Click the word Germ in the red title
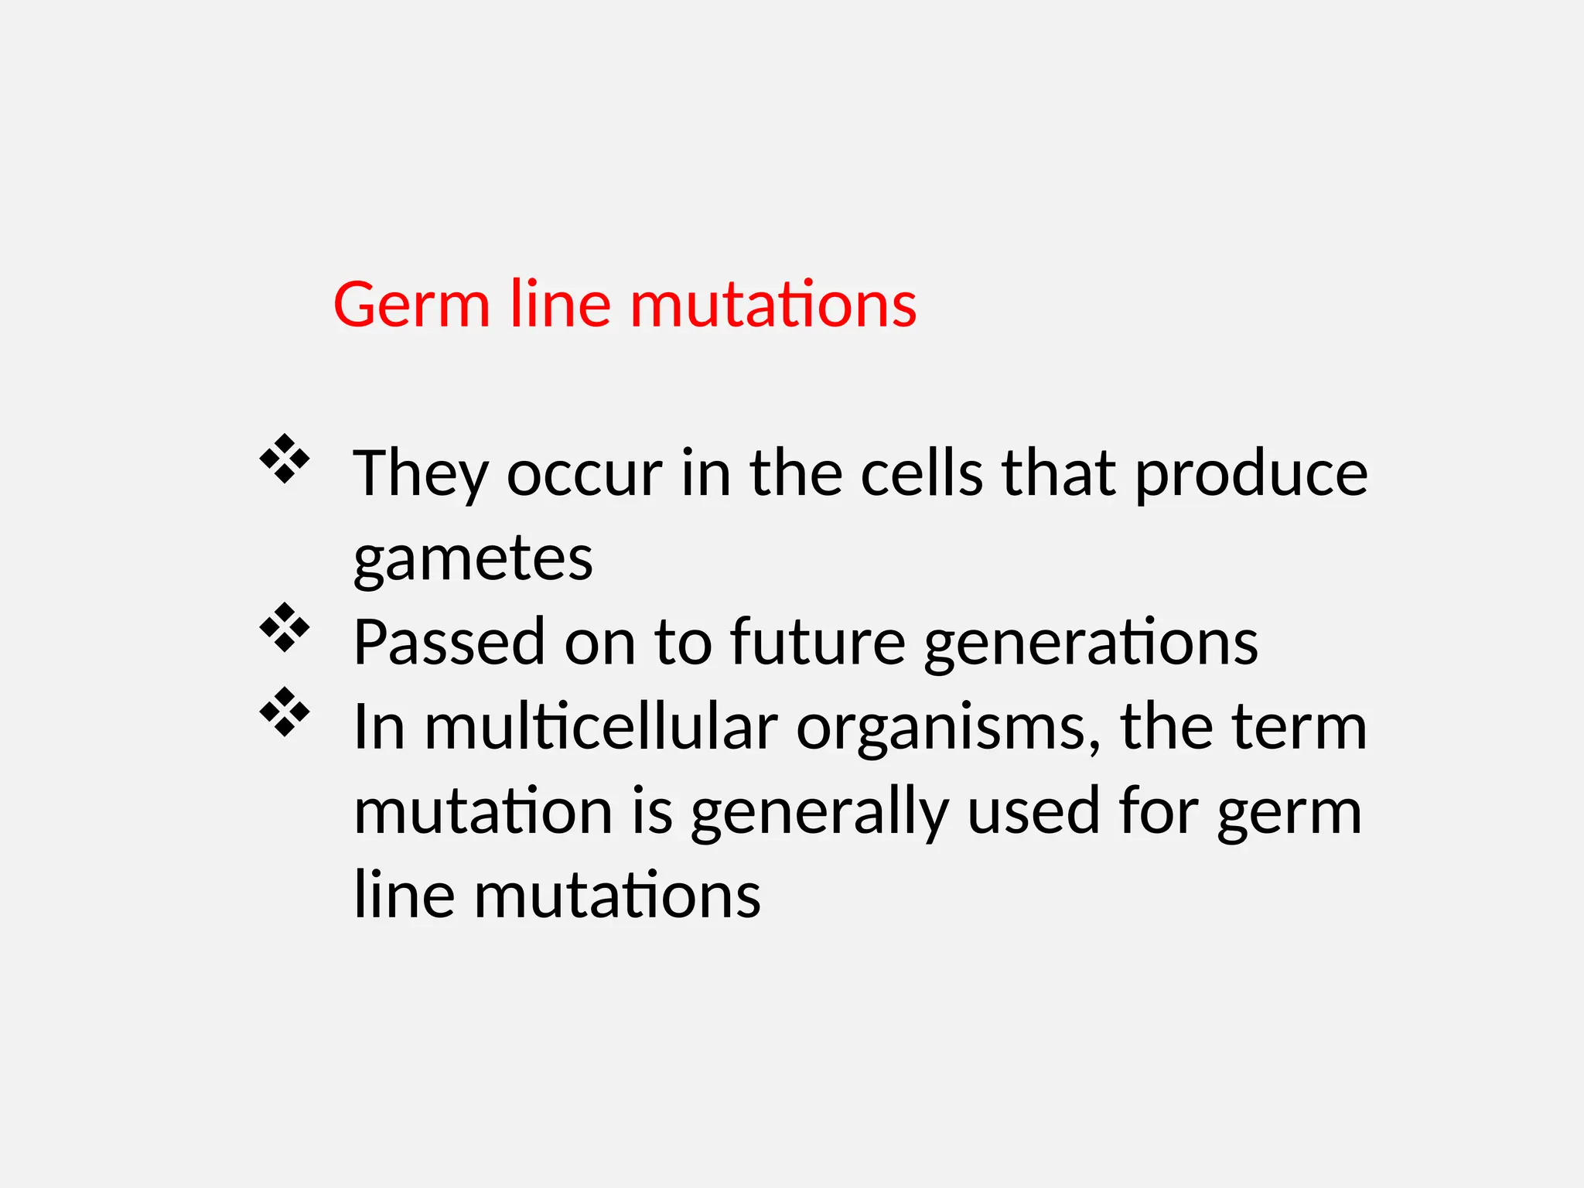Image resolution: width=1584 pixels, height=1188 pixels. point(411,305)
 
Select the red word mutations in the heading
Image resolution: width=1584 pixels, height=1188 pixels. point(773,305)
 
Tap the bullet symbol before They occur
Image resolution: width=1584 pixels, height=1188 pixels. point(285,459)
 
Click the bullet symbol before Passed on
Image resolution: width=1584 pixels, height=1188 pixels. point(285,627)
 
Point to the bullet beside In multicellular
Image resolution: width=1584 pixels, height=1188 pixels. point(285,712)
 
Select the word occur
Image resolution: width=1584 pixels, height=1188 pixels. point(584,473)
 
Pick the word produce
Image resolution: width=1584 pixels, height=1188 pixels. point(1251,473)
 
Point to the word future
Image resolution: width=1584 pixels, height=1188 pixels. point(818,642)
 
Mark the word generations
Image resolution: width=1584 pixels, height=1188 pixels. point(1091,642)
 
